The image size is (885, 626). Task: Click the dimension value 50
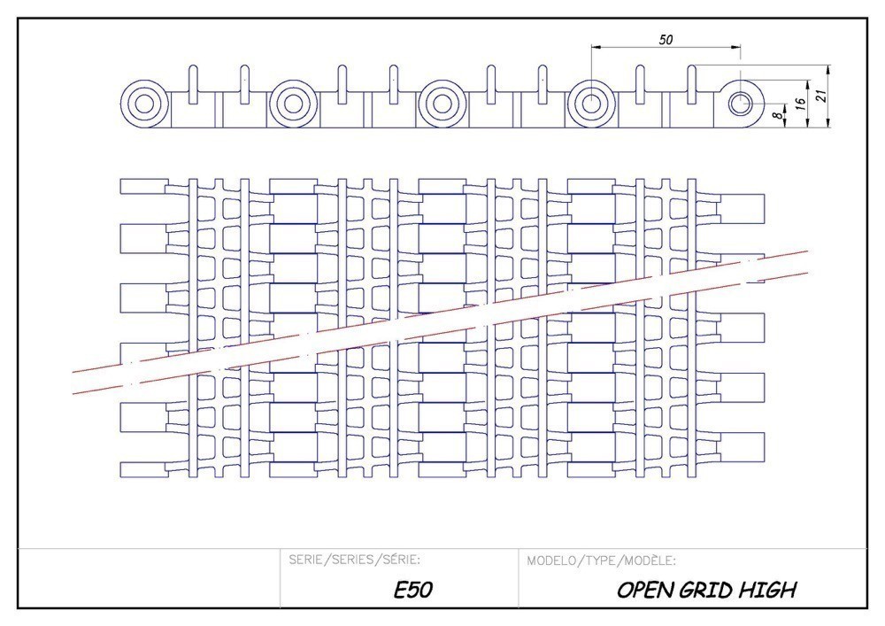(666, 39)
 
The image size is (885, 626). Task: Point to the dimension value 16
(799, 104)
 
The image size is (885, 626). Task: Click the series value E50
(412, 591)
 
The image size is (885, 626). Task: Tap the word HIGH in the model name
(772, 591)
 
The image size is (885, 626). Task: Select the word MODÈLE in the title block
(650, 560)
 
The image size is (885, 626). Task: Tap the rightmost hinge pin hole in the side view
(740, 104)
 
